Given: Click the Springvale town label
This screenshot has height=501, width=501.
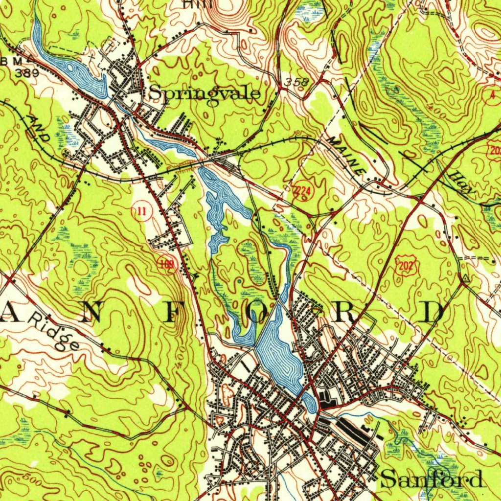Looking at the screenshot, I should [205, 92].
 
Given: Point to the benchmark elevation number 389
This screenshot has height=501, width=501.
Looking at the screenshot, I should [27, 73].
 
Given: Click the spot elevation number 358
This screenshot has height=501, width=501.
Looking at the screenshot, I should [296, 82].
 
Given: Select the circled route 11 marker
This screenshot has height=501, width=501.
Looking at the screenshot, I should [141, 212].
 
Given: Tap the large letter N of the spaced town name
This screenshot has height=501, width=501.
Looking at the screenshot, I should [91, 312].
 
